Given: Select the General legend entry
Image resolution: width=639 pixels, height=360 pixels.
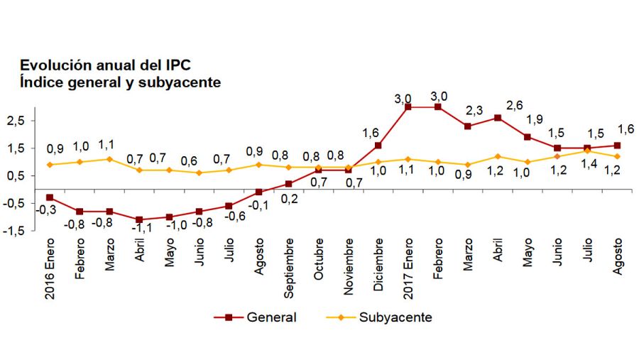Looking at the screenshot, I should pos(256,317).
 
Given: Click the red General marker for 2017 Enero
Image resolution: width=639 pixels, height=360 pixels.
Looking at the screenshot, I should pos(408,107).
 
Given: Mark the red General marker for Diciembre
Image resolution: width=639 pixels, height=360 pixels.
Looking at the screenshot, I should pos(378,146).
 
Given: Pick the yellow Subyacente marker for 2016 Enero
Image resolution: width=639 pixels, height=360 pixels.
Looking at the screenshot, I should pos(49,165).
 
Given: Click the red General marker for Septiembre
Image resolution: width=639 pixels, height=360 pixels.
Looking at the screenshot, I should pos(288,184).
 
